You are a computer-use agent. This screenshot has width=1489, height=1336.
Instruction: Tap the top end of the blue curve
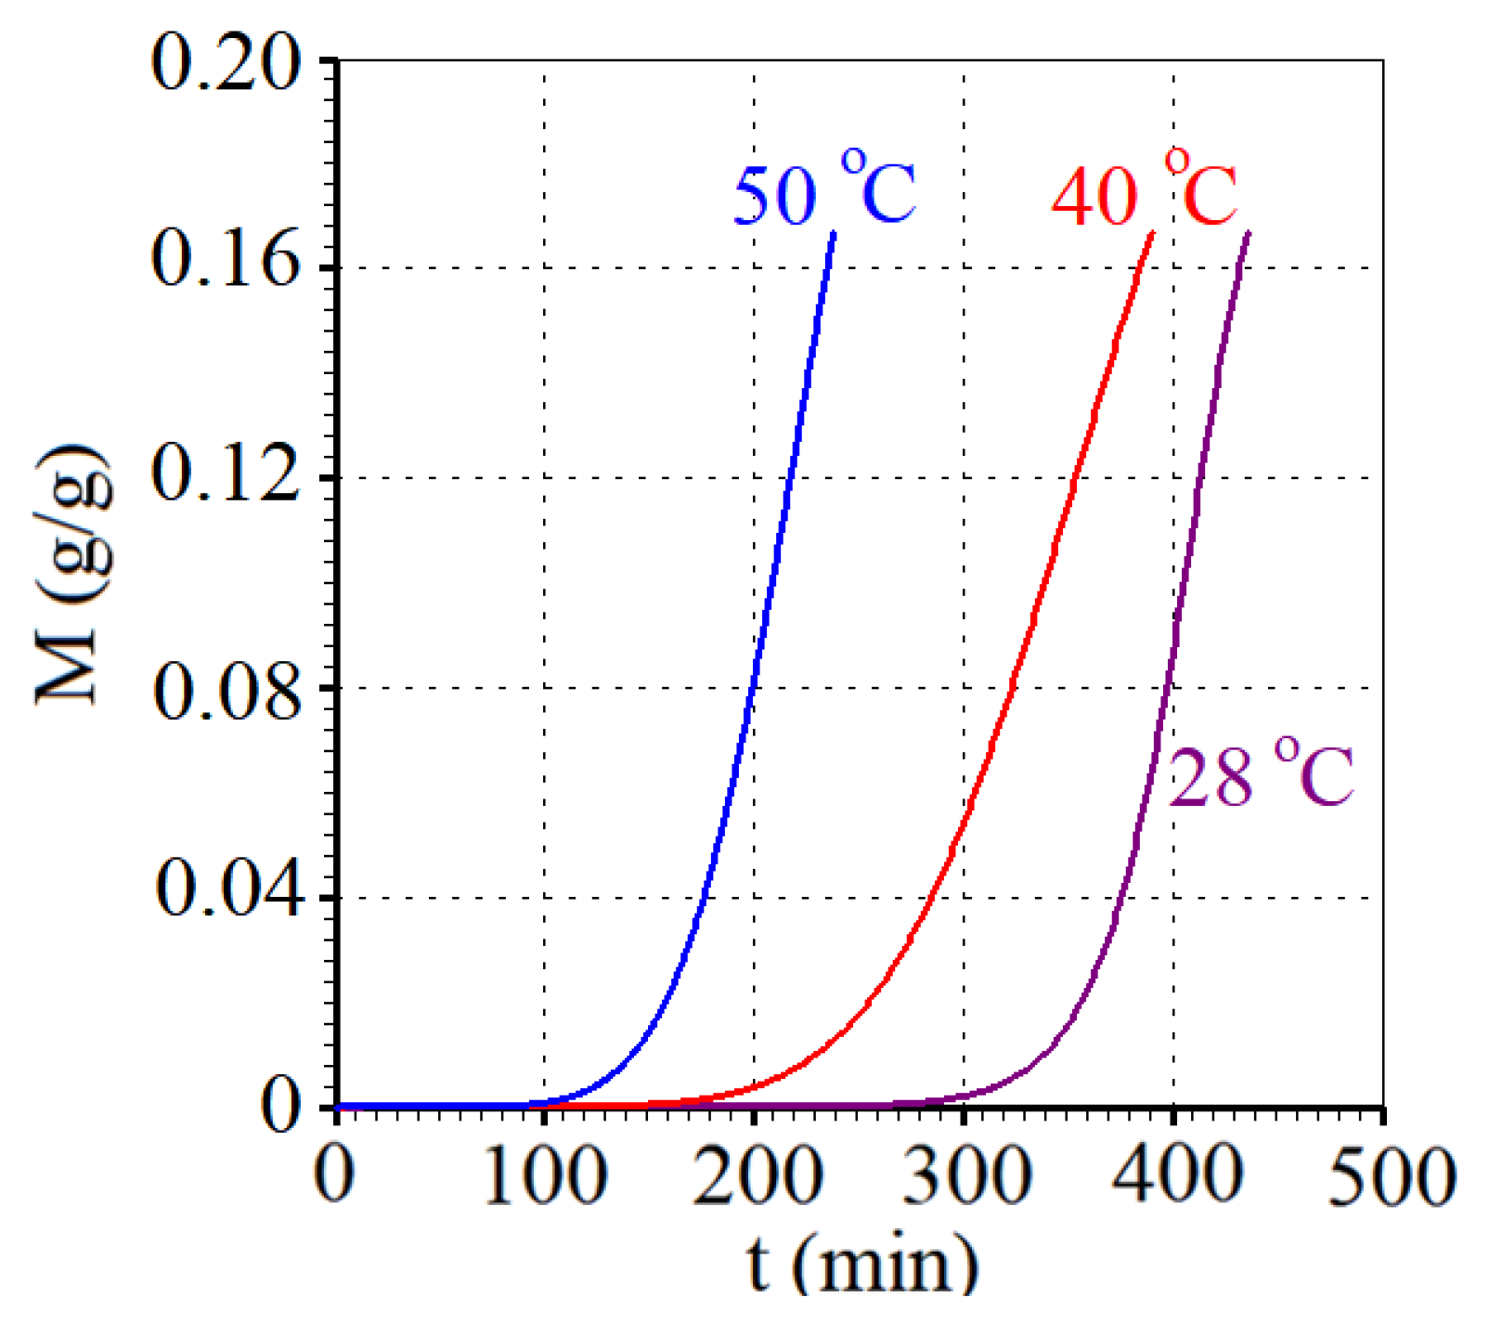834,233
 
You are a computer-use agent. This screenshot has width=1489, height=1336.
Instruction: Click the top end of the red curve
1153,233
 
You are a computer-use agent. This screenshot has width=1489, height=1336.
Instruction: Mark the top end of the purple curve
1249,233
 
